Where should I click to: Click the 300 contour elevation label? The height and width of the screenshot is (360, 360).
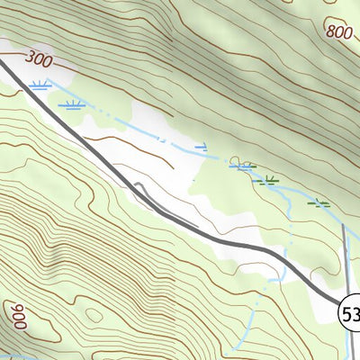[40, 60]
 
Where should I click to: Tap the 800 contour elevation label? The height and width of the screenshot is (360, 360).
[339, 32]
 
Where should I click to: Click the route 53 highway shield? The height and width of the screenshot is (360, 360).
[349, 312]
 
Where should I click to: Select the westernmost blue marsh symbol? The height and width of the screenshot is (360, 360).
[38, 85]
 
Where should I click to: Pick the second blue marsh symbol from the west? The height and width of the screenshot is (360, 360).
[72, 104]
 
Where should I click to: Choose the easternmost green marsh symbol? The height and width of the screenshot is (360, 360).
[318, 203]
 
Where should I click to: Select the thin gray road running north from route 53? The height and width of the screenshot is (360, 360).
[345, 256]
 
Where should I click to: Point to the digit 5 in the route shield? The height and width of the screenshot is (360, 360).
[346, 312]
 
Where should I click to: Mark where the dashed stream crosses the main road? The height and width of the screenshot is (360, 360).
[286, 258]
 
